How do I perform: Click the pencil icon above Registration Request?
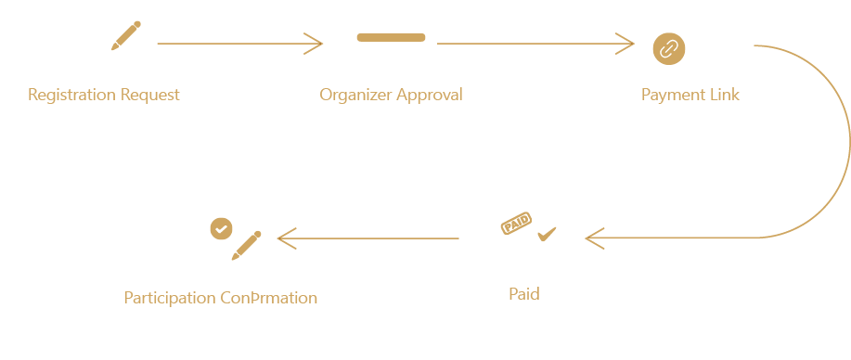pyautogui.click(x=125, y=35)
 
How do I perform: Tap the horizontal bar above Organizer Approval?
pyautogui.click(x=391, y=37)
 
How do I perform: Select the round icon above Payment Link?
pyautogui.click(x=668, y=47)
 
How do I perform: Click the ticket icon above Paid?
pyautogui.click(x=515, y=224)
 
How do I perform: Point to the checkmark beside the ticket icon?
pyautogui.click(x=547, y=233)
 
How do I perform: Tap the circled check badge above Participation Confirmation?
pyautogui.click(x=221, y=226)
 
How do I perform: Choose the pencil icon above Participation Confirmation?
pyautogui.click(x=246, y=245)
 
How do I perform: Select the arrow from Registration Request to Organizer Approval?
pyautogui.click(x=239, y=43)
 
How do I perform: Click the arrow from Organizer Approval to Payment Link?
pyautogui.click(x=535, y=43)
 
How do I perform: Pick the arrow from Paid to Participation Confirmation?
pyautogui.click(x=368, y=238)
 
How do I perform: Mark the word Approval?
pyautogui.click(x=429, y=95)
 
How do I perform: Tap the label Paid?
pyautogui.click(x=523, y=294)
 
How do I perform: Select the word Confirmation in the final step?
pyautogui.click(x=269, y=298)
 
